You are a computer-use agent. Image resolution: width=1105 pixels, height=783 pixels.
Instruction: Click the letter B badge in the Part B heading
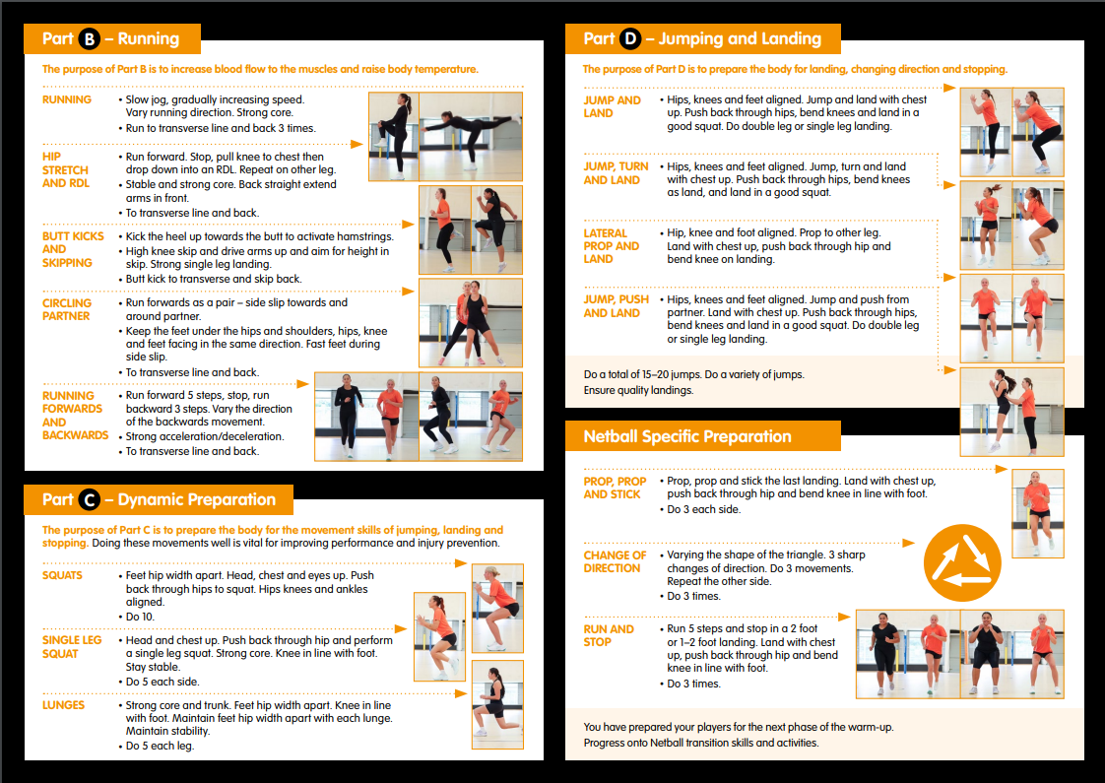tap(90, 38)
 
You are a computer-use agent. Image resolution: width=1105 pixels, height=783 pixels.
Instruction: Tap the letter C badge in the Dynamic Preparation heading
tap(90, 499)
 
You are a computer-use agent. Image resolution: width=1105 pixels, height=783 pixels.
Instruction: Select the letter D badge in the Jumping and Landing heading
tap(630, 38)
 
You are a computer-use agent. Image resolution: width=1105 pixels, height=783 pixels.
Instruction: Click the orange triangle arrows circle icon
tap(962, 563)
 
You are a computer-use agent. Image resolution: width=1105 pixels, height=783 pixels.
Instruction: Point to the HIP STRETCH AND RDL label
tap(66, 169)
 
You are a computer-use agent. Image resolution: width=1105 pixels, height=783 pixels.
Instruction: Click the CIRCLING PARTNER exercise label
tap(67, 309)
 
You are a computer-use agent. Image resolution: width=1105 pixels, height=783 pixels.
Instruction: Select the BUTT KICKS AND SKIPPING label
tap(73, 249)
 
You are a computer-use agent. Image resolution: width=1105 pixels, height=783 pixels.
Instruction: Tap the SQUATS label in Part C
tap(62, 575)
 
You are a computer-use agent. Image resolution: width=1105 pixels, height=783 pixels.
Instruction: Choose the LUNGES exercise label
tap(63, 705)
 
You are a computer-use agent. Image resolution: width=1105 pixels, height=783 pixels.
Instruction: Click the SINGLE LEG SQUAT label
tap(72, 647)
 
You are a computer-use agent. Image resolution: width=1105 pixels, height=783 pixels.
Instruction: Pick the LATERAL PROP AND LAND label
tap(611, 246)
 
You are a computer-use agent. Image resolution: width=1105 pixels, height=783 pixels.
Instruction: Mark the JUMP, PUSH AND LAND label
tap(616, 306)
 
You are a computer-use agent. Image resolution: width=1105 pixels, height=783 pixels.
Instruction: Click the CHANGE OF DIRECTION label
tap(615, 561)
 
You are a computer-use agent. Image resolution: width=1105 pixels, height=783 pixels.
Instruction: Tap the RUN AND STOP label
tap(609, 635)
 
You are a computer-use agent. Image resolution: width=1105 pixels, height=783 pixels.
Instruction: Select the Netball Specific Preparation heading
tap(687, 436)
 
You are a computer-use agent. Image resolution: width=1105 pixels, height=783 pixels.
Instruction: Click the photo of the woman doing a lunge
tap(497, 705)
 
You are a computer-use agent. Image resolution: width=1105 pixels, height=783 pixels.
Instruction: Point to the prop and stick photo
tap(1037, 514)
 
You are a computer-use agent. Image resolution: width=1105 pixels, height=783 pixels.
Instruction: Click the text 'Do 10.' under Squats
tap(140, 617)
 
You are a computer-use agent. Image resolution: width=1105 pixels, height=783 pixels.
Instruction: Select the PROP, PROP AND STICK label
tap(615, 488)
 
